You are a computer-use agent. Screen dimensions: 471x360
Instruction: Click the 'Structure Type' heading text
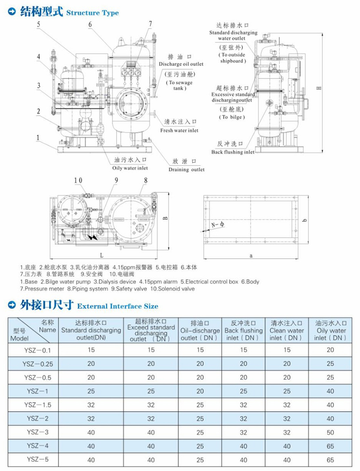(x=92, y=13)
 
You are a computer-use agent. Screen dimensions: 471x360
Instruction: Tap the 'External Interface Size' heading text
(x=117, y=306)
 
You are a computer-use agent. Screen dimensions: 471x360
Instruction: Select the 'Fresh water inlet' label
(x=179, y=130)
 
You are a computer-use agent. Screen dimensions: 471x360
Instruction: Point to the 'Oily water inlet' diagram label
(x=130, y=168)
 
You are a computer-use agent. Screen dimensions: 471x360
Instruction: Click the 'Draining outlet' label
(x=187, y=169)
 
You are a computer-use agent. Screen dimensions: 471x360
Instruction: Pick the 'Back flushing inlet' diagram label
(x=233, y=152)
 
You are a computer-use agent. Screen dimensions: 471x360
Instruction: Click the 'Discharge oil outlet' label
(x=181, y=64)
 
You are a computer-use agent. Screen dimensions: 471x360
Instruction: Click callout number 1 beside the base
(x=39, y=138)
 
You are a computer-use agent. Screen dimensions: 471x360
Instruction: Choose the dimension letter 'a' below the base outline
(x=251, y=255)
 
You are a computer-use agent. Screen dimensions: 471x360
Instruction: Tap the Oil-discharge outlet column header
(x=200, y=331)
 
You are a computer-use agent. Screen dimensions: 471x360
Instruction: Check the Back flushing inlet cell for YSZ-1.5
(x=243, y=405)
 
